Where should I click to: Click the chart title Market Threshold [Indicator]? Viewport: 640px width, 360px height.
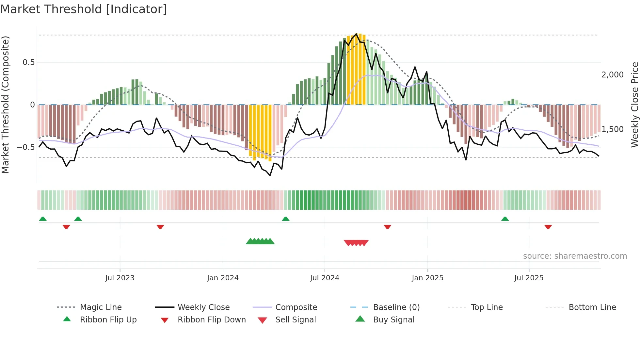click(84, 9)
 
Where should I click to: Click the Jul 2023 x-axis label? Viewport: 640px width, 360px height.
click(120, 278)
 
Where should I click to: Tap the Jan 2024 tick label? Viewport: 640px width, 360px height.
click(223, 278)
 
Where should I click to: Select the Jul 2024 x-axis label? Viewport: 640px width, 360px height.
click(325, 278)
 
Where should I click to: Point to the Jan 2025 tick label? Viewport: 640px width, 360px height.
click(427, 278)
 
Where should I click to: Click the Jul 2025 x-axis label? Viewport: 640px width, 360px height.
click(529, 278)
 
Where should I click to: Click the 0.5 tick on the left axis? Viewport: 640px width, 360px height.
click(28, 62)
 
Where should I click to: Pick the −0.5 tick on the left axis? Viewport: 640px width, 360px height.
click(26, 147)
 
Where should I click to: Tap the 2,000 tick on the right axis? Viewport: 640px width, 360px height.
click(612, 75)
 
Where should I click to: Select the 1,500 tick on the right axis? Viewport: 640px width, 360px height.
click(612, 129)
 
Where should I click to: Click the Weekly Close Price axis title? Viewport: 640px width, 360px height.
click(634, 105)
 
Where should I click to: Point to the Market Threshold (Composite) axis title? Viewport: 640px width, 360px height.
click(5, 105)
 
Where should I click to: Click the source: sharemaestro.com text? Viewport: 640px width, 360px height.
click(575, 256)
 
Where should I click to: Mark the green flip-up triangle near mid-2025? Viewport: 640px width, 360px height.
click(505, 219)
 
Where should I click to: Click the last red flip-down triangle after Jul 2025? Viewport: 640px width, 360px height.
click(548, 227)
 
